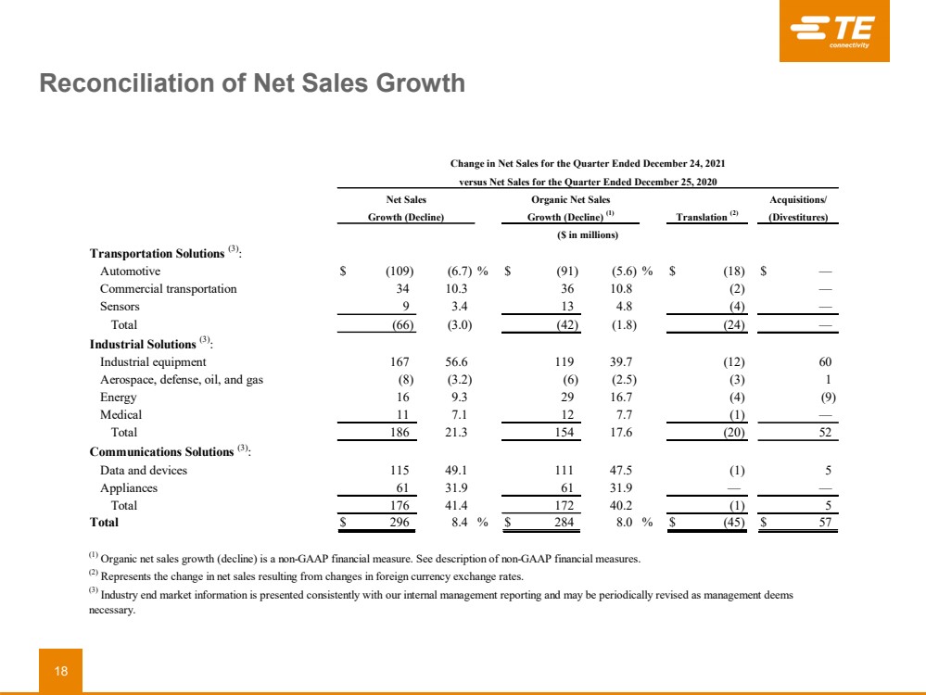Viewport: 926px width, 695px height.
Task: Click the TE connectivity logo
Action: coord(833,31)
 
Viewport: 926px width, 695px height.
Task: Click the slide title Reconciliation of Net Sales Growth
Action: coord(251,84)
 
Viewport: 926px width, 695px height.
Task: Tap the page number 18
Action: coord(60,671)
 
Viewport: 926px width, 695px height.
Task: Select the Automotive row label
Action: coord(130,272)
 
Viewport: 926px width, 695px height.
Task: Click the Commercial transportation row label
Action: coord(168,289)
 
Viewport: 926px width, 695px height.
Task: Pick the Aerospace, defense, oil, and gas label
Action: coord(181,380)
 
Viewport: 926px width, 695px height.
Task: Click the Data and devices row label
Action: coord(143,471)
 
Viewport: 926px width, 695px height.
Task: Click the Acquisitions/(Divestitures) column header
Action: coord(797,208)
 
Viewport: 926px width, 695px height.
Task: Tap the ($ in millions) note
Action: coord(579,234)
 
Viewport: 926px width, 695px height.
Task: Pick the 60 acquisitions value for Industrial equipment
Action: coord(825,362)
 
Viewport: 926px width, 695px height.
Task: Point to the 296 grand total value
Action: coord(402,523)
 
